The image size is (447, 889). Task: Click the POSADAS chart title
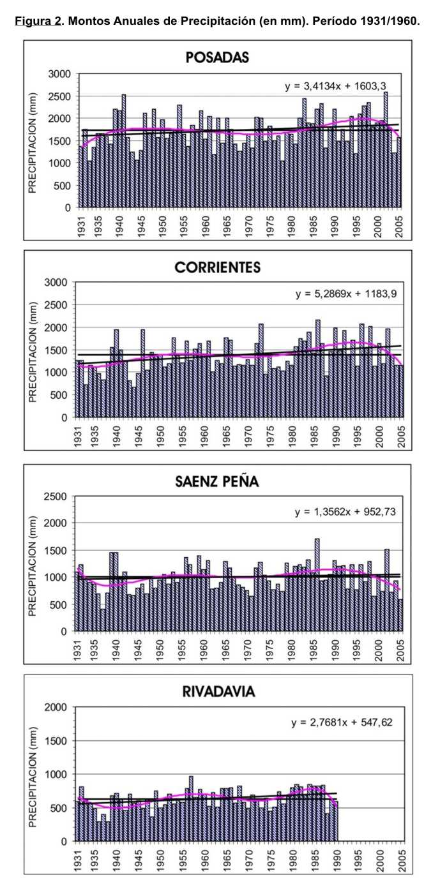click(x=217, y=57)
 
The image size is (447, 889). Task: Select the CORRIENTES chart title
click(x=217, y=267)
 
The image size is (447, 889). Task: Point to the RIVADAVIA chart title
click(x=217, y=692)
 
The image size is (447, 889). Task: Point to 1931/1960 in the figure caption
click(x=388, y=20)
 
